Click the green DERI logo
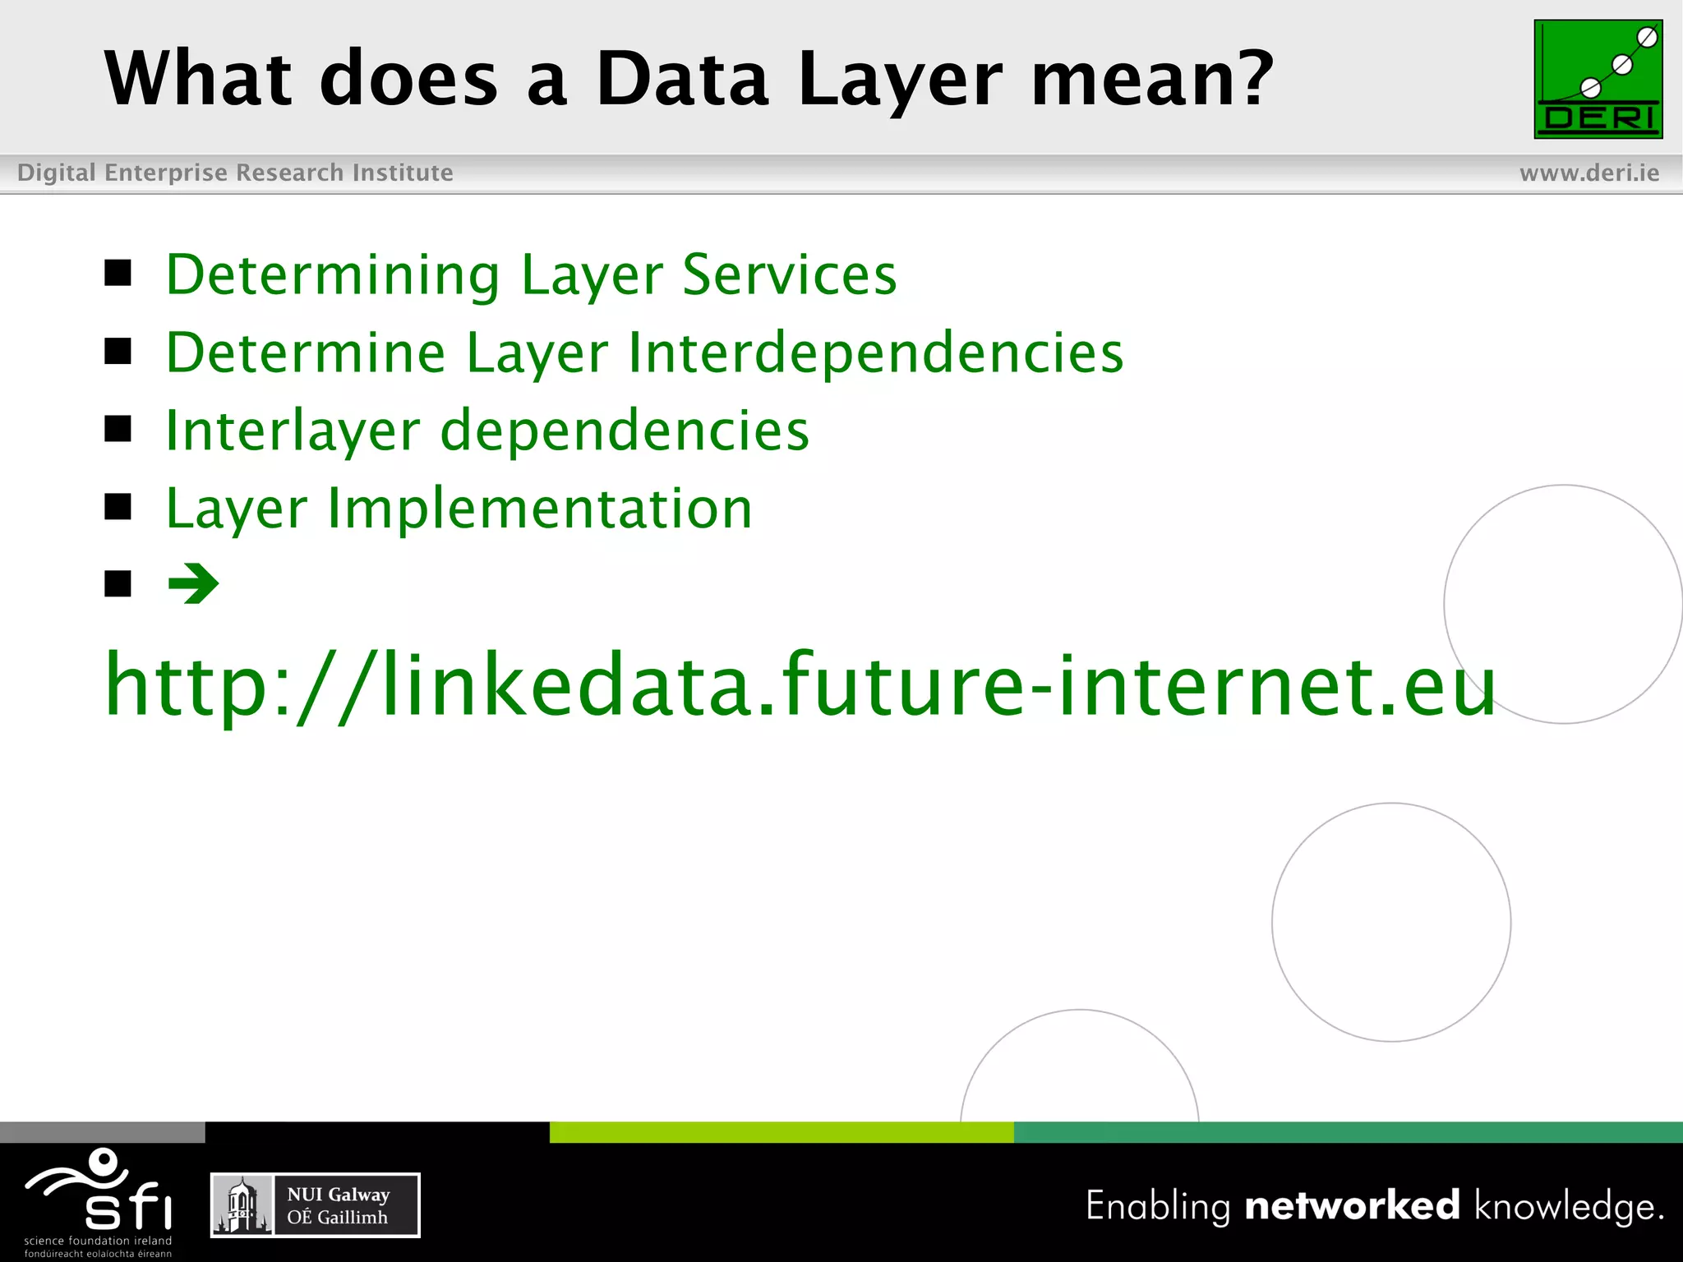[x=1598, y=79]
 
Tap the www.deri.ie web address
[x=1589, y=173]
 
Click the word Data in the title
[x=682, y=79]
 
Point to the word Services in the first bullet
[x=789, y=274]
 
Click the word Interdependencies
[x=875, y=353]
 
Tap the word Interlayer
[x=293, y=431]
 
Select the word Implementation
[x=539, y=509]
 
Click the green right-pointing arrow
[x=194, y=584]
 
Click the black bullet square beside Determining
[x=118, y=273]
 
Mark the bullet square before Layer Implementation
[x=118, y=507]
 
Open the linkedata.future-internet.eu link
[x=800, y=685]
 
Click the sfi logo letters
[x=128, y=1207]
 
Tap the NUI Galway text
[x=338, y=1194]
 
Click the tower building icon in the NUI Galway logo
[x=242, y=1205]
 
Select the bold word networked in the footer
[x=1352, y=1205]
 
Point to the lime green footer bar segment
[x=781, y=1132]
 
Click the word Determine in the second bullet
[x=306, y=353]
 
